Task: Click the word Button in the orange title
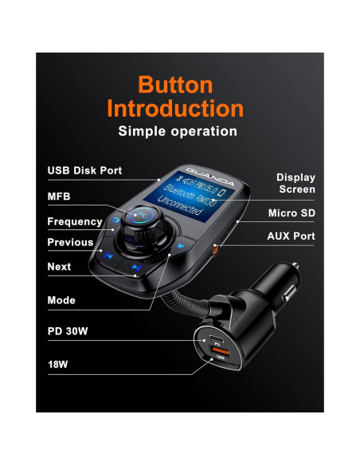(x=174, y=84)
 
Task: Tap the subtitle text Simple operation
(x=177, y=131)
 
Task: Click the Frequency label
(x=75, y=221)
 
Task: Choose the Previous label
(x=70, y=242)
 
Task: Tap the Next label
(x=59, y=267)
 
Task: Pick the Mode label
(x=61, y=300)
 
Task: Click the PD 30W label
(x=68, y=329)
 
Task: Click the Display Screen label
(x=295, y=183)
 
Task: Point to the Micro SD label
(x=292, y=213)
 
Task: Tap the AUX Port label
(x=291, y=236)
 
